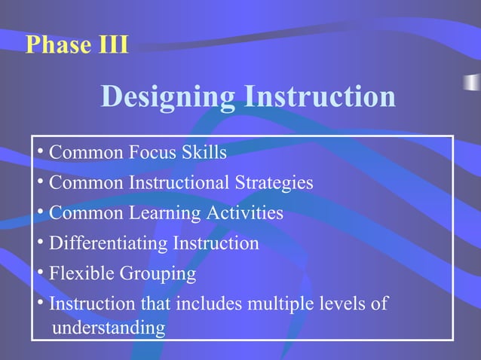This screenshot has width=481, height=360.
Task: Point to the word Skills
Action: [203, 153]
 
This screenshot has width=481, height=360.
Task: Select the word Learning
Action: [162, 213]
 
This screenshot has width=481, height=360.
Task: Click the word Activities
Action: [244, 213]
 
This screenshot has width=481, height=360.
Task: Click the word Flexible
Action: [76, 273]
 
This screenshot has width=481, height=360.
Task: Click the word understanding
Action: [108, 328]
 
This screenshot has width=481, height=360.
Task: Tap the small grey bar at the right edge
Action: [472, 81]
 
